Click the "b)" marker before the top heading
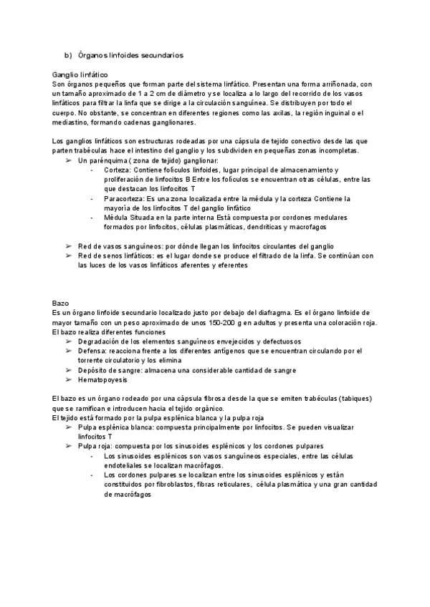69,54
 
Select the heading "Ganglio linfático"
80,74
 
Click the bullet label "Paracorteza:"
125,198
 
